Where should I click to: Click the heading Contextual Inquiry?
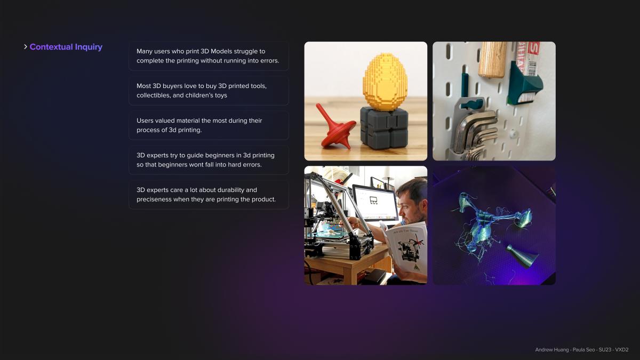click(x=66, y=47)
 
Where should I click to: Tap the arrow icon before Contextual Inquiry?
click(x=26, y=46)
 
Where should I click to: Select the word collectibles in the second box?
click(x=154, y=95)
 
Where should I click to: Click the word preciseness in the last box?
click(x=154, y=199)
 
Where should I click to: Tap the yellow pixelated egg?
click(x=385, y=82)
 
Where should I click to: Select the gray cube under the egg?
click(x=383, y=129)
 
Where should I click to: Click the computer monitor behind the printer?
click(x=374, y=202)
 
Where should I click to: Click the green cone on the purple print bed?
click(x=521, y=255)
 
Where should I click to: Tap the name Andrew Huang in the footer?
click(x=552, y=350)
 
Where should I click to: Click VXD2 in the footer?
click(x=622, y=350)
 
